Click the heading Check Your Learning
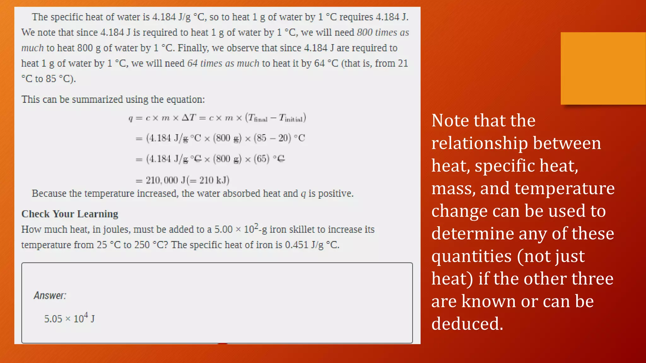[x=70, y=214]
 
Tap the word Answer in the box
[x=50, y=296]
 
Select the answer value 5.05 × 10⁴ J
[x=69, y=319]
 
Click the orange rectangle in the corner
[x=603, y=68]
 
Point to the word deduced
[x=467, y=324]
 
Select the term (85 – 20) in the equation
[x=272, y=138]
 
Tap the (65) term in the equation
[x=261, y=158]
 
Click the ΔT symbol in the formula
[x=189, y=118]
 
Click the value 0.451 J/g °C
[x=312, y=245]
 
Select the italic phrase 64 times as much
[x=223, y=63]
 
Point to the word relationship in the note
[x=479, y=143]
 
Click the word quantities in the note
[x=472, y=256]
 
